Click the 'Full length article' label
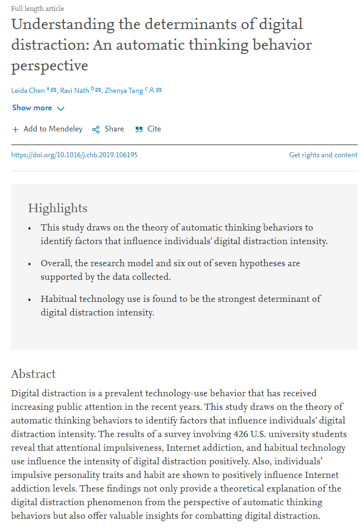coord(38,8)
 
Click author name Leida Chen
coord(28,91)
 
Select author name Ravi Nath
coord(75,91)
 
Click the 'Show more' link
coord(32,108)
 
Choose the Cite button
coord(154,129)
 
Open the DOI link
coord(74,155)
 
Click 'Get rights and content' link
coord(323,155)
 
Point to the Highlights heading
coord(58,208)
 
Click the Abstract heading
coord(33,374)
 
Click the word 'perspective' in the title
coord(50,66)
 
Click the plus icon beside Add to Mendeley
coord(15,130)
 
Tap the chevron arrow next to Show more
coord(61,108)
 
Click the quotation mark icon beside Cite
coord(139,130)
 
